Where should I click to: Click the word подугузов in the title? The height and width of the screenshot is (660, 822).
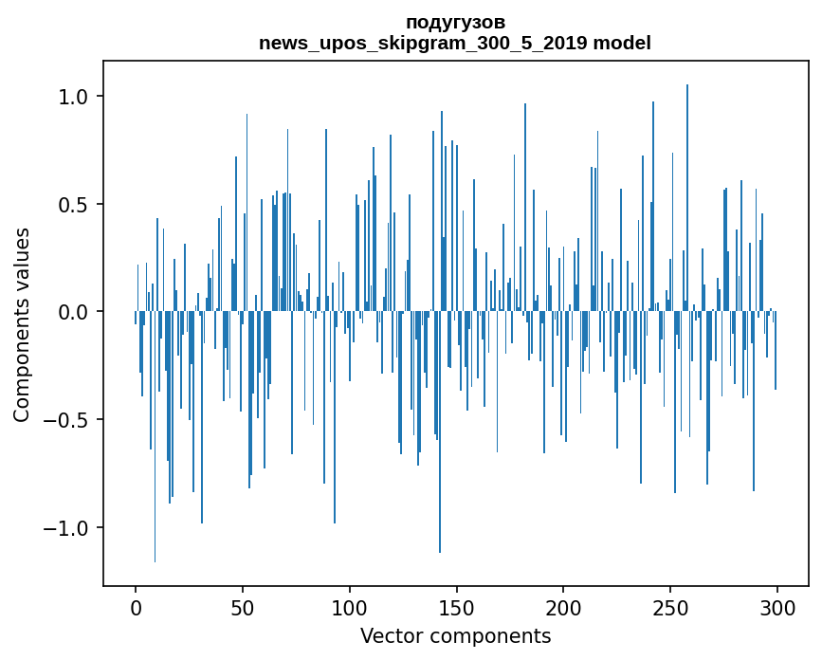pos(455,22)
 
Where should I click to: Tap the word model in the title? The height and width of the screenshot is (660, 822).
pos(621,43)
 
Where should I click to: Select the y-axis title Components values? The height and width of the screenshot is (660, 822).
pos(22,324)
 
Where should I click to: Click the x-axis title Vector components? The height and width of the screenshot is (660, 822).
pos(455,635)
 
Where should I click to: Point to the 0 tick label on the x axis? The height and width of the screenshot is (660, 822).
pos(136,607)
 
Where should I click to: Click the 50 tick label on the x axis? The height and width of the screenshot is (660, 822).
pos(243,607)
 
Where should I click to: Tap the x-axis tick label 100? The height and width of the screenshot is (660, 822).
pos(350,607)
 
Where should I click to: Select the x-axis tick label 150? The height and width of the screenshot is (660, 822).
pos(456,607)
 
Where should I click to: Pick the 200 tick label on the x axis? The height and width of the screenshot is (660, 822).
pos(563,607)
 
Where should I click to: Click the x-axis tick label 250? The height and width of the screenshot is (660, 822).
pos(670,607)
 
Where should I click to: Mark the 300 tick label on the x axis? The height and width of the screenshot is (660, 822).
pos(777,607)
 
